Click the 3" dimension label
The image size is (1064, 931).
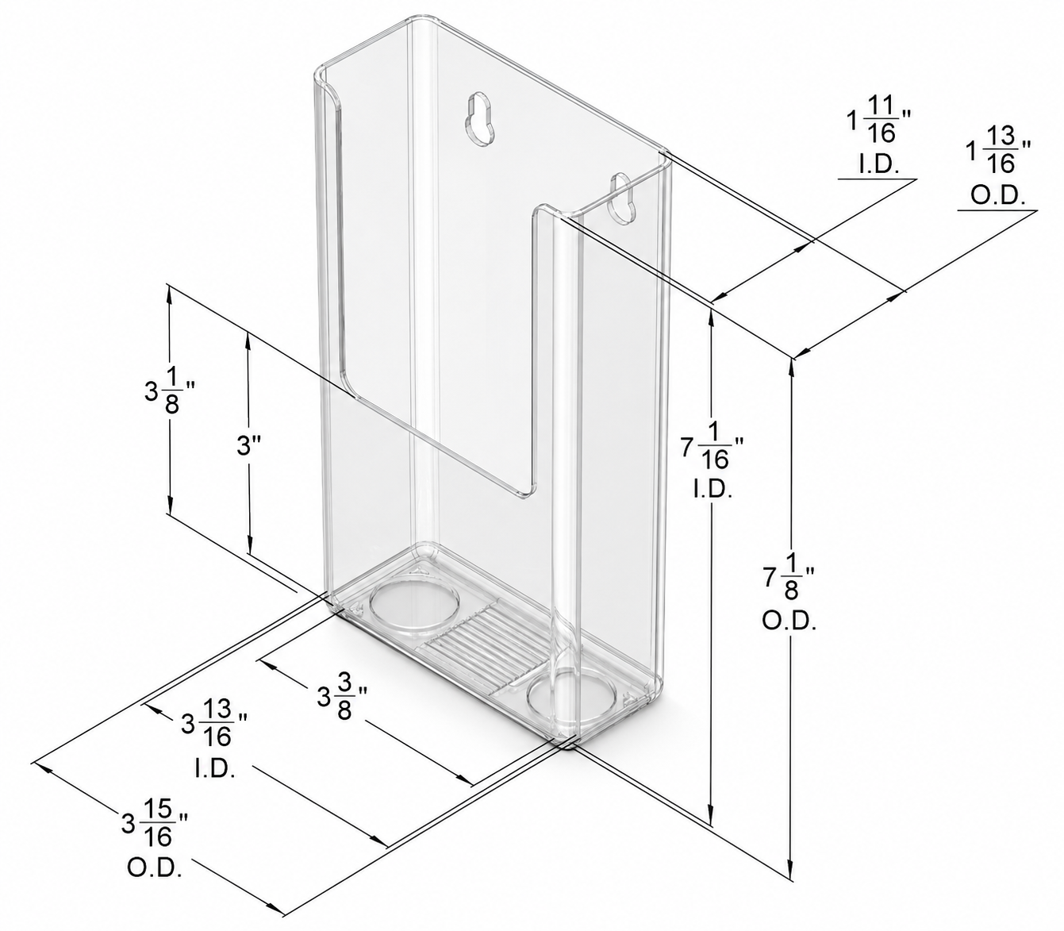tap(248, 446)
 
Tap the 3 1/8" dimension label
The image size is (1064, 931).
tap(168, 397)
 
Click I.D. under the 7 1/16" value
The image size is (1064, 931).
tap(713, 491)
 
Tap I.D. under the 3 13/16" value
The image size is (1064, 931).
tap(215, 769)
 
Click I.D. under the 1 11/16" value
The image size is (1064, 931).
tap(878, 164)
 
